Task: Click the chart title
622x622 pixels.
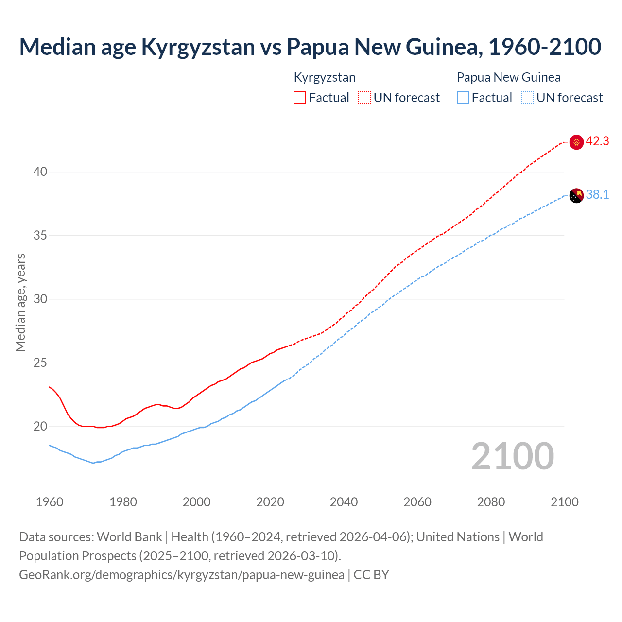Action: [310, 47]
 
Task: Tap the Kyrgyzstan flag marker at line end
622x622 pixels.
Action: [576, 142]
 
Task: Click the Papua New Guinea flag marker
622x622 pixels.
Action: [576, 195]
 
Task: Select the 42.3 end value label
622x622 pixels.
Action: [597, 141]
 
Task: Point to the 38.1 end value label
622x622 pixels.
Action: [597, 195]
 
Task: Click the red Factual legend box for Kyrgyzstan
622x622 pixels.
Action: [300, 98]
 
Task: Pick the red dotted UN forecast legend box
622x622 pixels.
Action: [364, 98]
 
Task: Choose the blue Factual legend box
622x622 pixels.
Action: [463, 98]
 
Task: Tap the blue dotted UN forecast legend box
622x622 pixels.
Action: [527, 98]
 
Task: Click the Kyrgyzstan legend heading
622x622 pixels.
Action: [325, 77]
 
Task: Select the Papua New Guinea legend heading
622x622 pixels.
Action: [508, 77]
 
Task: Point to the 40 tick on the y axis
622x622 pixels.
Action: [40, 172]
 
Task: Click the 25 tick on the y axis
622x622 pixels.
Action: [40, 363]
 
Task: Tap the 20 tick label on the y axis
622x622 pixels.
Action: [40, 426]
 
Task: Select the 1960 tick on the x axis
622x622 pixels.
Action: [50, 502]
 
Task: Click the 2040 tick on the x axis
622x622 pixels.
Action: [344, 502]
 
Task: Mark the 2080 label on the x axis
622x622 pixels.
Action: [491, 502]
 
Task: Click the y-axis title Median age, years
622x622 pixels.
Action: [20, 302]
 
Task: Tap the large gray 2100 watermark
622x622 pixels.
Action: [512, 456]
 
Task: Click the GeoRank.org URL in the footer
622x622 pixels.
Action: [181, 575]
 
